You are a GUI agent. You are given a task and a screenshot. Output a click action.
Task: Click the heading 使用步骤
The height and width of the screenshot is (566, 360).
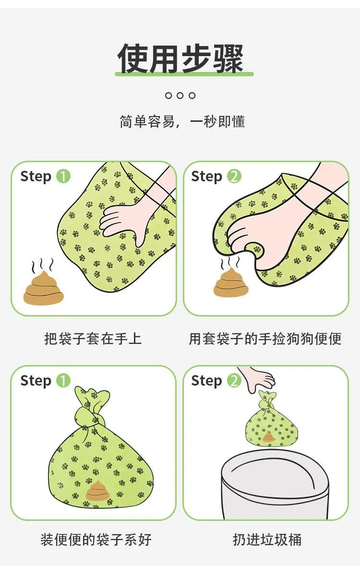[180, 58]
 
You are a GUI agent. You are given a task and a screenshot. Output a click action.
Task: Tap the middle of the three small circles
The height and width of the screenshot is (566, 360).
[180, 95]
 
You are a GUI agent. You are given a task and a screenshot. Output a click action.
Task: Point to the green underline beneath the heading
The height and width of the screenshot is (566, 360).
[184, 74]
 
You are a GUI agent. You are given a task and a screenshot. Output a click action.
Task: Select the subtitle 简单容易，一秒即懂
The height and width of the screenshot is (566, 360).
[182, 122]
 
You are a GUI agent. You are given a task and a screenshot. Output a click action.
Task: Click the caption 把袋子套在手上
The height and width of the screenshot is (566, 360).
[93, 339]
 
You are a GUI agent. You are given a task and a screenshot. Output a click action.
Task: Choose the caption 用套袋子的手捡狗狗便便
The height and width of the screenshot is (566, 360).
[265, 339]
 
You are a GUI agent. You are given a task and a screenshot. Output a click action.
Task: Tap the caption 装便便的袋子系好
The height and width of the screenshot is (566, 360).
[96, 540]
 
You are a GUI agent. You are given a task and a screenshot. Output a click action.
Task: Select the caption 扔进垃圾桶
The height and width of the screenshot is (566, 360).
[267, 540]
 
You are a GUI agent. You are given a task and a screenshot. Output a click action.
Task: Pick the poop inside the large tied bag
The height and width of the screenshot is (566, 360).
[97, 491]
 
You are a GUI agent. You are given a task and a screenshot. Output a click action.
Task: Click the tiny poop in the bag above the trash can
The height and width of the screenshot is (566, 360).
[268, 438]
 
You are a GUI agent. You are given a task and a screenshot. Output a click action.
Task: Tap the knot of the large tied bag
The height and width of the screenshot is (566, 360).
[90, 415]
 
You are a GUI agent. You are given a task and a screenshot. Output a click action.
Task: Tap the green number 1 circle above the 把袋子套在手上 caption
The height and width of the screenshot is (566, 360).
[63, 177]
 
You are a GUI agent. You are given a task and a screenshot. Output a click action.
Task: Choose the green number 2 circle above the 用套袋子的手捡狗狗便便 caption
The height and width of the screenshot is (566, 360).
[234, 177]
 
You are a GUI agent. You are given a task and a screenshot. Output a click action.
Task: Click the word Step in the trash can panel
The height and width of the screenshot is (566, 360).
[206, 381]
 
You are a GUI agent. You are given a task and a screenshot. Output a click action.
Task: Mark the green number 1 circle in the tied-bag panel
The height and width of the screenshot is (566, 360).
[63, 380]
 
